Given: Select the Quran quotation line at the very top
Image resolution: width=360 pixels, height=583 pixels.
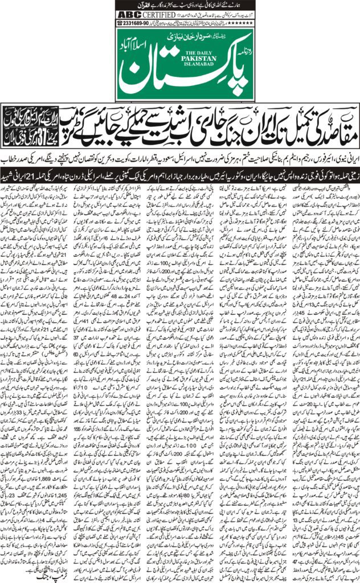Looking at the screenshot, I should [x=180, y=5].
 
